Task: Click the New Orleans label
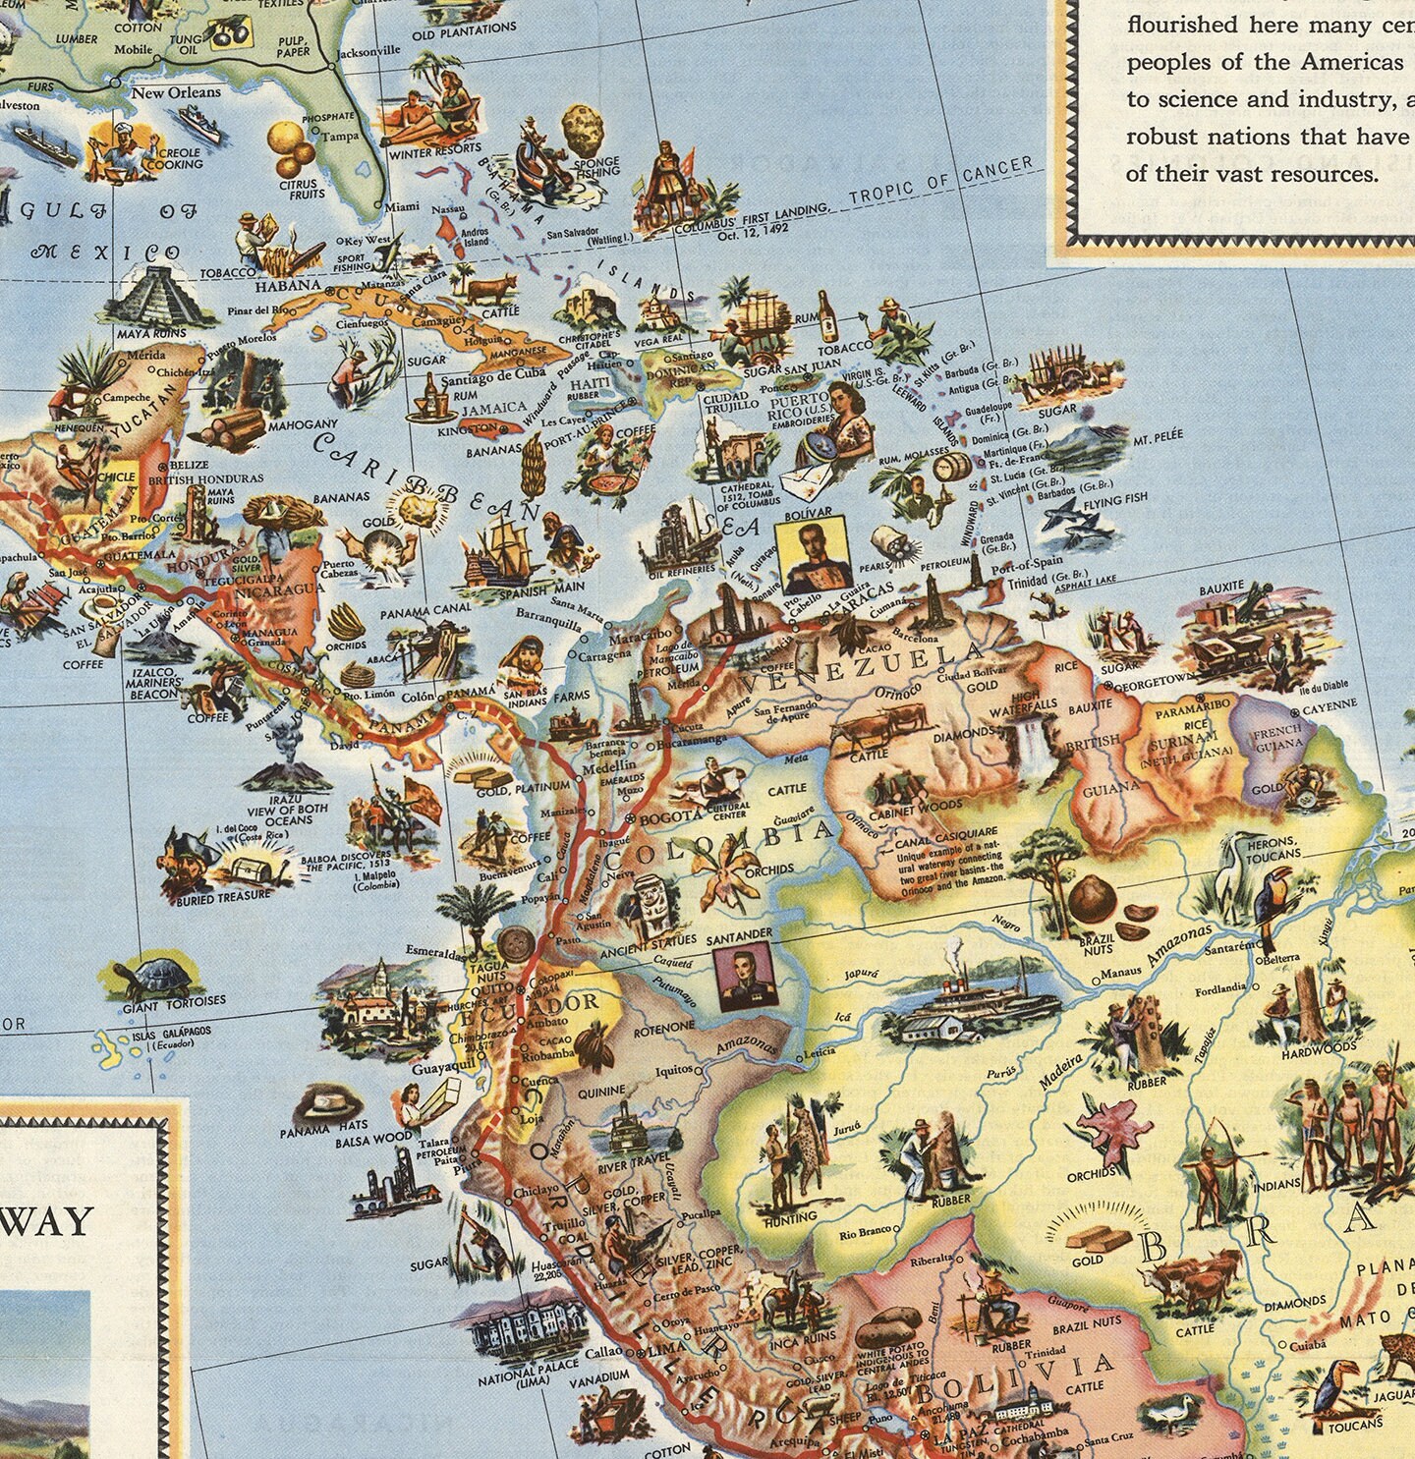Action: [x=177, y=93]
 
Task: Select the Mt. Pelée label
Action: [x=1159, y=435]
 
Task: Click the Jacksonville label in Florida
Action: [x=368, y=50]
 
